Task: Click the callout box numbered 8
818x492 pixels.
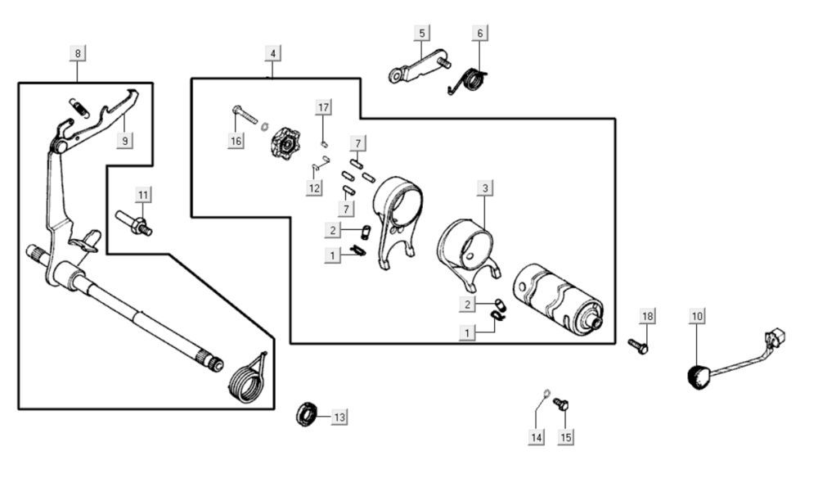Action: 78,53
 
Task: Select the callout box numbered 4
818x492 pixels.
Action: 272,53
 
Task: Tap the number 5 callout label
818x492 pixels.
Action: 422,33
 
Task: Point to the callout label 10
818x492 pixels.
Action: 698,316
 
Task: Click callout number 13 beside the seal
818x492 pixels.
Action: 339,418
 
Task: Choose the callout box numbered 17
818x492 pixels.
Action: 324,107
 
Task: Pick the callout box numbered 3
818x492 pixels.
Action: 485,188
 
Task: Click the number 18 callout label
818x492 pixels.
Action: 647,316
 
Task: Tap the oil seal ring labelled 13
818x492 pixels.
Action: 306,414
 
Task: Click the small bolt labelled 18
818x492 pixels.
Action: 638,345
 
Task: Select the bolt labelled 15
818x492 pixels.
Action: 561,404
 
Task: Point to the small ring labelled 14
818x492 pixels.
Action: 546,393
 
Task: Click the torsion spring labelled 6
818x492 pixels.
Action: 468,82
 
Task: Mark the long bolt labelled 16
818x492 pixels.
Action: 245,115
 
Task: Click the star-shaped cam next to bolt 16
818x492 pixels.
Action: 285,143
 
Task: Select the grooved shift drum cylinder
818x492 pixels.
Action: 558,300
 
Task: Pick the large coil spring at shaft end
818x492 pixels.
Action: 247,380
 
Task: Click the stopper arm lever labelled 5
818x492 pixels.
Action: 420,66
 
